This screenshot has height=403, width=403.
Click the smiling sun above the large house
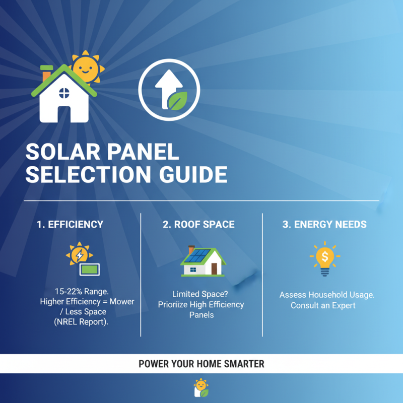coord(86,68)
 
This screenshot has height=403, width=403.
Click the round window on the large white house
coord(65,93)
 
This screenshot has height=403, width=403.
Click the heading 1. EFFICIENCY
coord(70,225)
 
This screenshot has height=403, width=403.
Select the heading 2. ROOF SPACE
coord(198,225)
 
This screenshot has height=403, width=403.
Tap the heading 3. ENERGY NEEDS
coord(324,225)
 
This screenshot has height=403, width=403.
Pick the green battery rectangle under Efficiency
coord(90,270)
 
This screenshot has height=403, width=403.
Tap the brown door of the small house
coord(214,269)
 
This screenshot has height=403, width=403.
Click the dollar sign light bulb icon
coord(324,258)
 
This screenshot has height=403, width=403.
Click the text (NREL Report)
coord(81,322)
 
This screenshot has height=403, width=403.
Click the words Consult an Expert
coord(323,306)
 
